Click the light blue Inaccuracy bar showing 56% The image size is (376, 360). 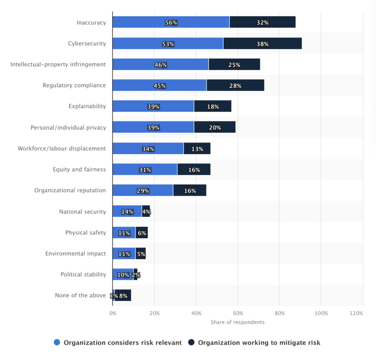point(171,22)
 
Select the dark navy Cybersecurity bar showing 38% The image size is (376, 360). point(262,43)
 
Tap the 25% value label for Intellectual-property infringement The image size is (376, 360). point(234,65)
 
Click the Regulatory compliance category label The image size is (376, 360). point(74,85)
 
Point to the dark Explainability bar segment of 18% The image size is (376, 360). point(213,107)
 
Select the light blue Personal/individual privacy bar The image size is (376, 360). point(153,128)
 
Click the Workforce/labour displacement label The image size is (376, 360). point(62,148)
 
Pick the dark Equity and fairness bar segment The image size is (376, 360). point(194,170)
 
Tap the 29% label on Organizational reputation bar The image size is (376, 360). point(143,191)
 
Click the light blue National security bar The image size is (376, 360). point(127,212)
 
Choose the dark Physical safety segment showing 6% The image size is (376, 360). point(142,233)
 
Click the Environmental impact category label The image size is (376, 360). point(76,254)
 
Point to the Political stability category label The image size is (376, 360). point(83,275)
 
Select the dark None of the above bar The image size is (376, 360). point(123,296)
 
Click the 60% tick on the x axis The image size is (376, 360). point(238,313)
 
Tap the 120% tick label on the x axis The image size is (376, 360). point(356,313)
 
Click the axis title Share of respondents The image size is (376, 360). point(238,322)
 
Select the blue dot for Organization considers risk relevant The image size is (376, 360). point(57,342)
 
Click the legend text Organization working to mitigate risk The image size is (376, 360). point(259,342)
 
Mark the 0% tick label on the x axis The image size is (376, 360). point(113,313)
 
